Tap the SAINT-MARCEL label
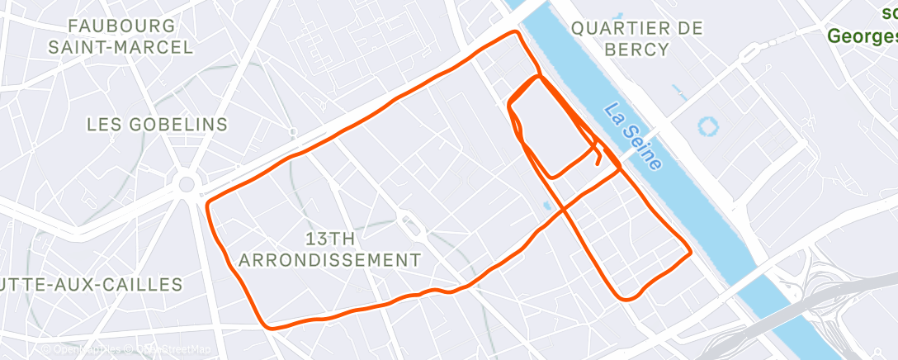121,46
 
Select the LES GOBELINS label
157,124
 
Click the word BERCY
636,49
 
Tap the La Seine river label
633,136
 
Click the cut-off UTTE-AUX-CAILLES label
91,285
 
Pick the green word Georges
863,36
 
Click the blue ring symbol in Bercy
707,127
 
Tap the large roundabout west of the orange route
187,183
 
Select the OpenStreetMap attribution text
168,350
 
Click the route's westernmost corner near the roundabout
207,201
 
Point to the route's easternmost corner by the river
689,252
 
